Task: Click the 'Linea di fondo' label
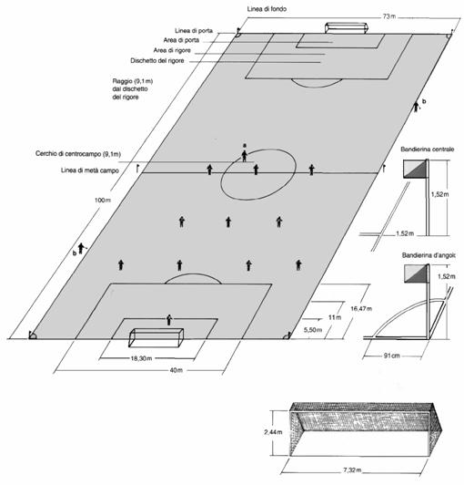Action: click(267, 9)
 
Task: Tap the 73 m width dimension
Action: click(388, 16)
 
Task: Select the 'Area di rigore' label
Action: click(172, 50)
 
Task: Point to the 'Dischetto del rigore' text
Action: click(157, 60)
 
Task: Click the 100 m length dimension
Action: click(103, 201)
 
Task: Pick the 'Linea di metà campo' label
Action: click(90, 170)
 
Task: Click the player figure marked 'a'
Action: click(245, 156)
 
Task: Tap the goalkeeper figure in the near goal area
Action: click(169, 320)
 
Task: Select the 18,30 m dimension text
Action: click(141, 358)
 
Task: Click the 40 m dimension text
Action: click(177, 370)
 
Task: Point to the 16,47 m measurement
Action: click(361, 308)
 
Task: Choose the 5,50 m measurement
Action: click(313, 330)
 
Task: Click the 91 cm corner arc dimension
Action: click(392, 356)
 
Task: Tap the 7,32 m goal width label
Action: click(352, 470)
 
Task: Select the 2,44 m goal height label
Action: click(273, 432)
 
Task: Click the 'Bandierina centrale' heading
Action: click(428, 150)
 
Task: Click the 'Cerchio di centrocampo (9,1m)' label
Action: click(78, 154)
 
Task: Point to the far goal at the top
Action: click(347, 28)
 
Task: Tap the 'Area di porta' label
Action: click(181, 40)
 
